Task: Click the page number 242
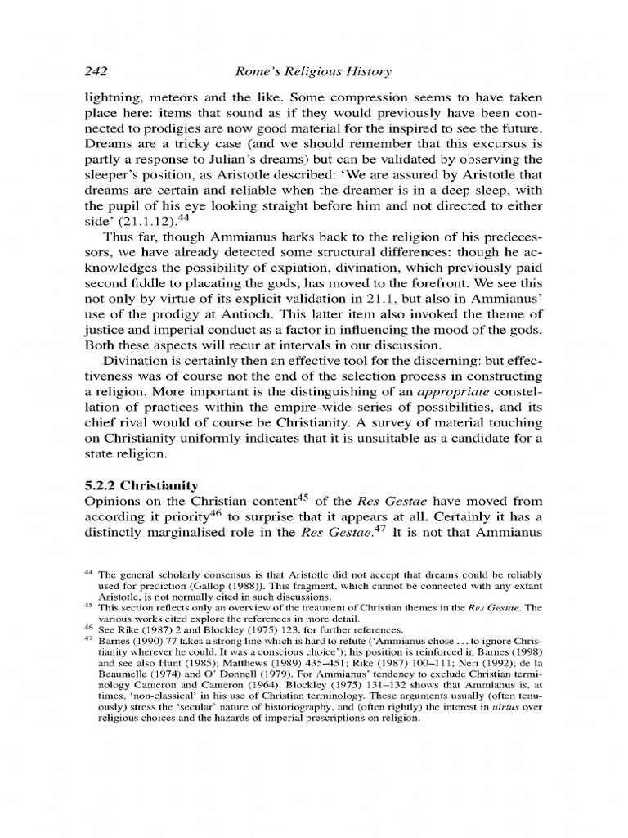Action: coord(98,71)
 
